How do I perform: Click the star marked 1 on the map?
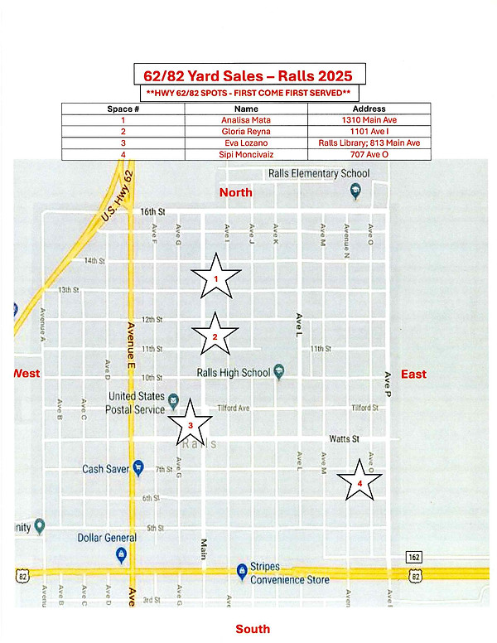[215, 278]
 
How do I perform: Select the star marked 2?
[215, 336]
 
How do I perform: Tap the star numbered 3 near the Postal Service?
[191, 423]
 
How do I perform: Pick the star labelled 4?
[359, 482]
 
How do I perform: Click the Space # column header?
[123, 109]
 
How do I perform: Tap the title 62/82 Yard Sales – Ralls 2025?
[248, 74]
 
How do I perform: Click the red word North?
[235, 192]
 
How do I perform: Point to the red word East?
[413, 374]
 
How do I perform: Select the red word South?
[253, 629]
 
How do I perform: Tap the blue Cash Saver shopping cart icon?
[138, 467]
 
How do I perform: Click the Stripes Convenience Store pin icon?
[241, 570]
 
